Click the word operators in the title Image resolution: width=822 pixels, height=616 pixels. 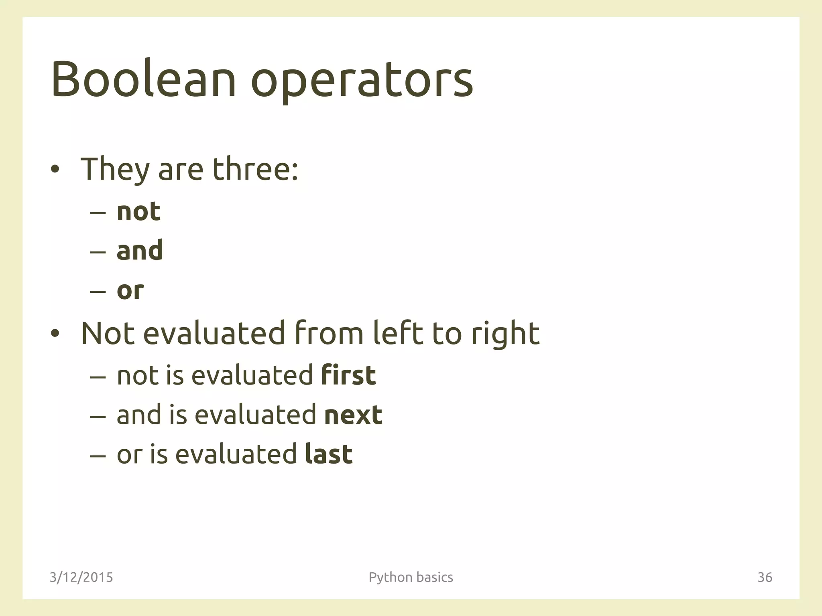point(362,82)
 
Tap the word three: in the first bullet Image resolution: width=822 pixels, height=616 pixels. point(255,169)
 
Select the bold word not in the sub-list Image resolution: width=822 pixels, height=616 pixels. point(138,211)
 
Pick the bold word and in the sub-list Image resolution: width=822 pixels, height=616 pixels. point(140,250)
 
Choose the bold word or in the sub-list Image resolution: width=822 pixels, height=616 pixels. point(130,290)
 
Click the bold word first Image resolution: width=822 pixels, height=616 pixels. point(348,375)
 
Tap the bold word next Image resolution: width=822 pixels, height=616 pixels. point(353,415)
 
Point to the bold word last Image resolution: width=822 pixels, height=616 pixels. point(329,454)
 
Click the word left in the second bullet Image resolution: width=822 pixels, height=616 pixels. point(397,333)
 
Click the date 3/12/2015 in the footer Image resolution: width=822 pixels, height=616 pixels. point(81,577)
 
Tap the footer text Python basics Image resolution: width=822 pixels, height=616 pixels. point(411,577)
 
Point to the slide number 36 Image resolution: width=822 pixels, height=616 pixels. point(765,577)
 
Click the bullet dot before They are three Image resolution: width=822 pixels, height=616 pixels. point(55,170)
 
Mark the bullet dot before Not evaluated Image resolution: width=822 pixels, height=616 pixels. point(55,333)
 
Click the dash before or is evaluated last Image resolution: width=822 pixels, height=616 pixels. point(98,456)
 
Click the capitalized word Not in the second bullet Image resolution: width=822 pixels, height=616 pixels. point(108,333)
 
